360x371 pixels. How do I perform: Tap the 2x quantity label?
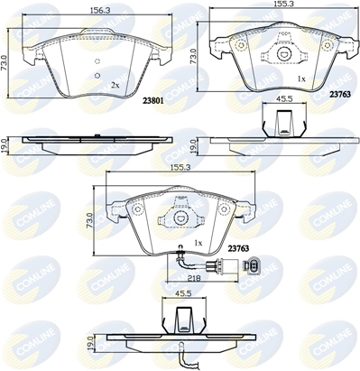point(115,84)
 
